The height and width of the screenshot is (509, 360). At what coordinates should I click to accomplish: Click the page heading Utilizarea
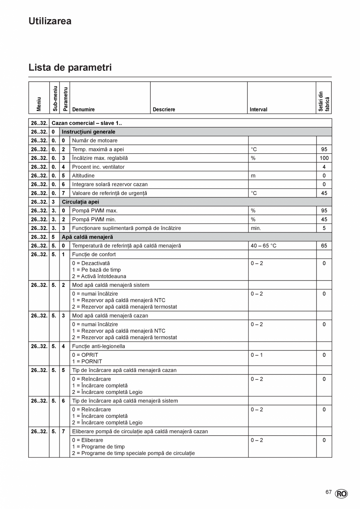click(x=50, y=21)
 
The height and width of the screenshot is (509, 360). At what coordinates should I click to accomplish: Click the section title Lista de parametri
click(x=70, y=67)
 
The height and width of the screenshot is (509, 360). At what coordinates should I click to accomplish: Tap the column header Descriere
click(x=164, y=110)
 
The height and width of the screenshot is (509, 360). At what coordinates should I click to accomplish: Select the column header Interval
click(x=258, y=110)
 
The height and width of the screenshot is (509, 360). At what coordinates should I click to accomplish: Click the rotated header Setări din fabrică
click(x=324, y=101)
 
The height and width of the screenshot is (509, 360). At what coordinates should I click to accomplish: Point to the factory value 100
click(x=324, y=158)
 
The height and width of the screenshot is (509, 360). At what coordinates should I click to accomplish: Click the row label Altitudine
click(x=85, y=176)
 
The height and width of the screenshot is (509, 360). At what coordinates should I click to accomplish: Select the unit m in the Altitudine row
click(x=253, y=176)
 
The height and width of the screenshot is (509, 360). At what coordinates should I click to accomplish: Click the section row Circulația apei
click(x=80, y=202)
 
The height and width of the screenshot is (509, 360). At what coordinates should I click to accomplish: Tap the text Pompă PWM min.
click(x=94, y=219)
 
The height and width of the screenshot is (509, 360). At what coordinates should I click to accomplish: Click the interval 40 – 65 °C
click(x=263, y=246)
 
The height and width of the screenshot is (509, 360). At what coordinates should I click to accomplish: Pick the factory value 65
click(x=324, y=246)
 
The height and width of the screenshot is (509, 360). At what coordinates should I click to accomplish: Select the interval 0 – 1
click(x=257, y=355)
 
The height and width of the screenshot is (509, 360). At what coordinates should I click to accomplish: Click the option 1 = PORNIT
click(x=87, y=362)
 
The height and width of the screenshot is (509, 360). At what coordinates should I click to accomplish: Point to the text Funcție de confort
click(x=94, y=254)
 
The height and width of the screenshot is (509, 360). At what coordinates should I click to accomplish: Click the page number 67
click(x=329, y=492)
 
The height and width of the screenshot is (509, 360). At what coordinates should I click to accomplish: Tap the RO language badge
click(x=341, y=494)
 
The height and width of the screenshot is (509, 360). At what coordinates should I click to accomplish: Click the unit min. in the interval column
click(x=256, y=228)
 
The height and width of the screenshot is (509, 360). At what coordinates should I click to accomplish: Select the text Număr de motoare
click(x=95, y=140)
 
